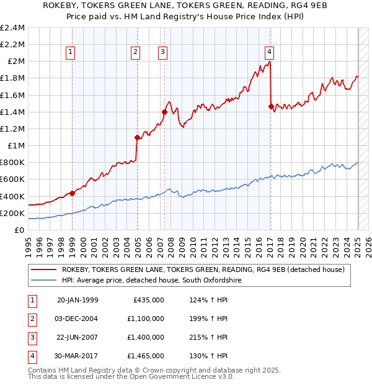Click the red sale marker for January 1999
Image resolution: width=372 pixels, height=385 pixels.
(x=73, y=193)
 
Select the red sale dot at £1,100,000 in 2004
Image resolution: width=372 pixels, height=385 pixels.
(x=137, y=137)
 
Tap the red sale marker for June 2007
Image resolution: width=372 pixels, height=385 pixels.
(x=164, y=112)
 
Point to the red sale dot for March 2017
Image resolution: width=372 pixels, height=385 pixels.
(x=271, y=106)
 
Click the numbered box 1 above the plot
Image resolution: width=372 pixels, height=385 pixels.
(x=71, y=53)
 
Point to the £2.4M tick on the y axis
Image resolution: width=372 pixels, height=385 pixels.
(x=13, y=28)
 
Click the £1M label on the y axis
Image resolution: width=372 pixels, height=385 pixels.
(x=17, y=146)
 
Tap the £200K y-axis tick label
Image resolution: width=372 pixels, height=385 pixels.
(x=13, y=213)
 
